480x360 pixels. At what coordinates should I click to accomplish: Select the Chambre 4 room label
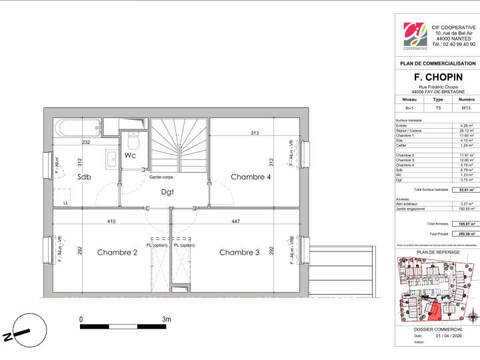coord(251,177)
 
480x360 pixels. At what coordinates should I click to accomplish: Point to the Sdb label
coord(83,177)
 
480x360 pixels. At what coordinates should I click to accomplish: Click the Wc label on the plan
coord(131,155)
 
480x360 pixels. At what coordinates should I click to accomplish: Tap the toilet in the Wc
coord(132,141)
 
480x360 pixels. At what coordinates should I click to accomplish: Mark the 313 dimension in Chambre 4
coord(254,133)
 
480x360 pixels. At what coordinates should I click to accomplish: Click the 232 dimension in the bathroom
coord(86,142)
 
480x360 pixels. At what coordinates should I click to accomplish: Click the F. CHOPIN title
coord(437,77)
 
